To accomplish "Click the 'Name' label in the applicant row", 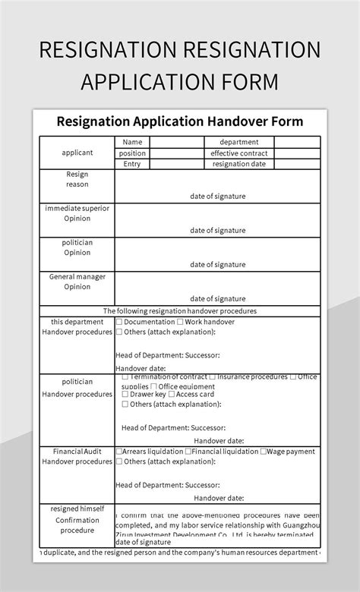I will pyautogui.click(x=132, y=142).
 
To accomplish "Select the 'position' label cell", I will pyautogui.click(x=132, y=153).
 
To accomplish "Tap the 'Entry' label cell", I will pyautogui.click(x=132, y=164).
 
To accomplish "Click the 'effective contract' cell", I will pyautogui.click(x=239, y=153).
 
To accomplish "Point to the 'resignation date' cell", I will pyautogui.click(x=239, y=164).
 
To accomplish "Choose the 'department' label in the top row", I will pyautogui.click(x=239, y=142).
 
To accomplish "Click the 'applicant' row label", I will pyautogui.click(x=77, y=153).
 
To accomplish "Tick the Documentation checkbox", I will pyautogui.click(x=119, y=322).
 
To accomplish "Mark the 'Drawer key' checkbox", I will pyautogui.click(x=125, y=395).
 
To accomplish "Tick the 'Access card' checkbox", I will pyautogui.click(x=172, y=395).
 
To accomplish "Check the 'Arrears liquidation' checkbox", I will pyautogui.click(x=119, y=452).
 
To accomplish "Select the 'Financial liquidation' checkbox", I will pyautogui.click(x=189, y=452).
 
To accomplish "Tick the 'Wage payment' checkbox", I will pyautogui.click(x=263, y=452).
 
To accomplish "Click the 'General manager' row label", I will pyautogui.click(x=77, y=277).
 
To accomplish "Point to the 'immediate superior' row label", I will pyautogui.click(x=77, y=208).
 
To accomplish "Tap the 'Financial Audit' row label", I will pyautogui.click(x=77, y=451).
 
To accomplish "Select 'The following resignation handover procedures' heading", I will pyautogui.click(x=180, y=311).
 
